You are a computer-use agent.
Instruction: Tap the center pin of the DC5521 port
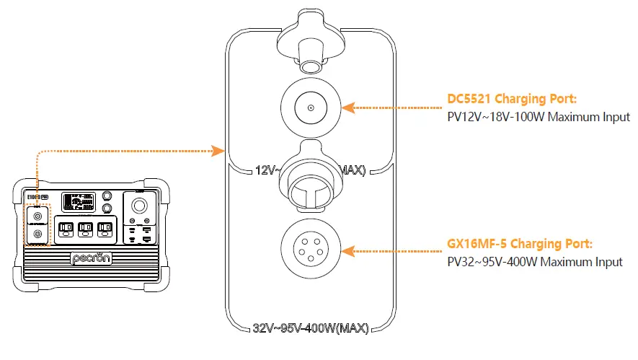[x=310, y=107]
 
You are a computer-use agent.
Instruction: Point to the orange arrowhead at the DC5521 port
[x=347, y=107]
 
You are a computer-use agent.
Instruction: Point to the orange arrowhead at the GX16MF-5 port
[x=347, y=252]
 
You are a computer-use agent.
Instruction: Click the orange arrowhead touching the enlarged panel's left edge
[x=219, y=151]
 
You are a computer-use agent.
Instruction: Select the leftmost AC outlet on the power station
[x=66, y=229]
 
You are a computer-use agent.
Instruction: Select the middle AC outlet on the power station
[x=85, y=229]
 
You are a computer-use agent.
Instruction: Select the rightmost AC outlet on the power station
[x=105, y=229]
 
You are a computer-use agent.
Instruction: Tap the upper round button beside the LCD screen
[x=107, y=196]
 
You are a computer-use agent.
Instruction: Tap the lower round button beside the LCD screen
[x=107, y=209]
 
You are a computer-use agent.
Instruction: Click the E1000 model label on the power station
[x=36, y=196]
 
